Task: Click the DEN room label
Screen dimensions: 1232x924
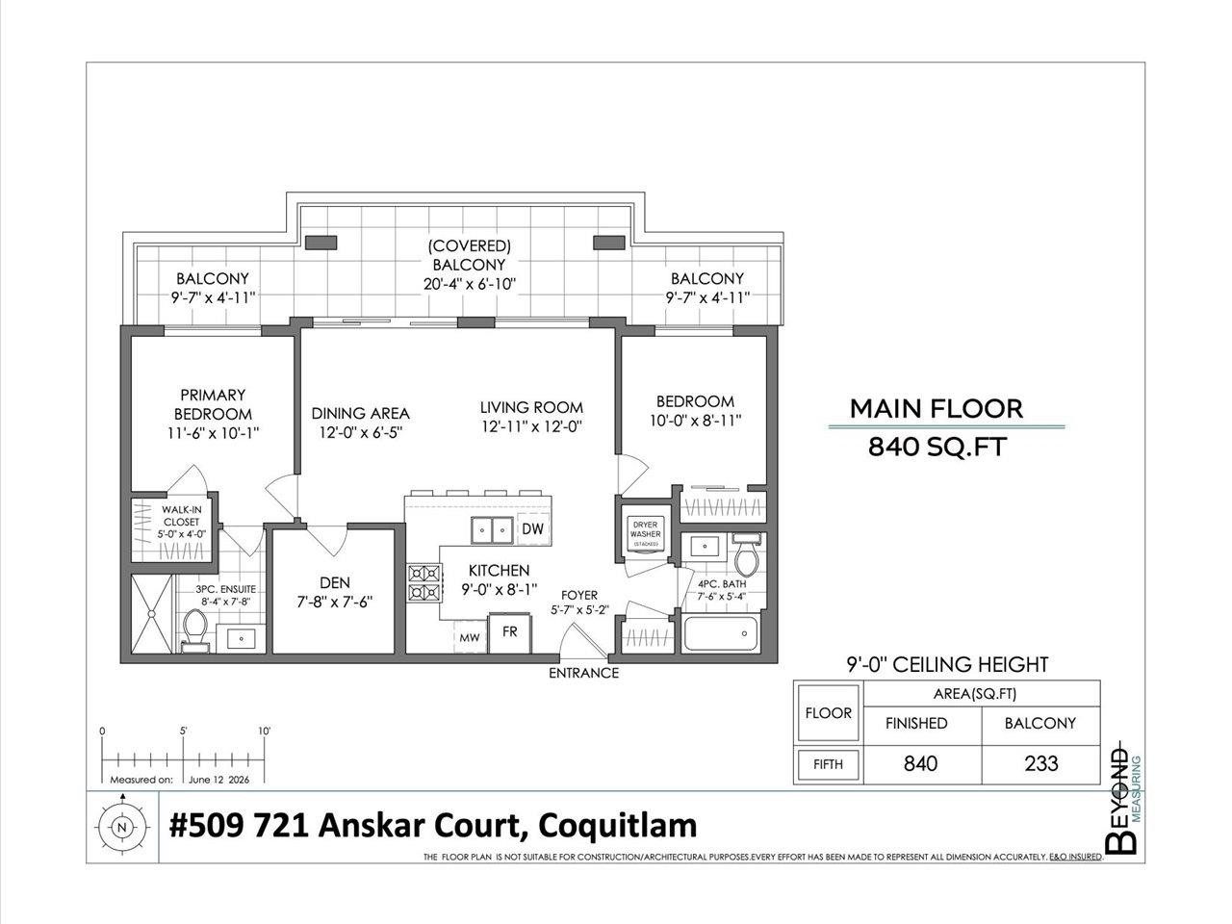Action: pos(335,583)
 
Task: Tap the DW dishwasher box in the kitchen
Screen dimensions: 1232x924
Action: pos(532,528)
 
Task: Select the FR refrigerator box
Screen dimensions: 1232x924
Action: pos(509,633)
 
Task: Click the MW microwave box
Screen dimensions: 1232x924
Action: pos(470,637)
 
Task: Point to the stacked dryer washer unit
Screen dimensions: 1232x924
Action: pos(645,534)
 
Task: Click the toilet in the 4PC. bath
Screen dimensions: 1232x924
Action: pos(747,555)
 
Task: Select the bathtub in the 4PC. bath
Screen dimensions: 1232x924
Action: pos(720,633)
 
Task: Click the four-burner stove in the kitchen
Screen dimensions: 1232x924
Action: pos(424,583)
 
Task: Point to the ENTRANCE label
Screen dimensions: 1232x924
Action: pos(583,673)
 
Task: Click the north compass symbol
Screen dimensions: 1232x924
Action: pos(122,827)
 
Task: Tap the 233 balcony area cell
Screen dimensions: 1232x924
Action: pos(1041,763)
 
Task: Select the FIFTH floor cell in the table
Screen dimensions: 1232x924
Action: pos(828,764)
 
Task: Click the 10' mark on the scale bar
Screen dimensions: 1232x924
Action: pos(264,731)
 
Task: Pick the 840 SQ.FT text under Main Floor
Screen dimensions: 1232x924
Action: pos(937,448)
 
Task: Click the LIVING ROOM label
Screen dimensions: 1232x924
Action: pos(531,407)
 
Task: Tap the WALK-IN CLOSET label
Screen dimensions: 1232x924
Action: pos(181,516)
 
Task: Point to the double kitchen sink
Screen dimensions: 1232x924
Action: pos(492,529)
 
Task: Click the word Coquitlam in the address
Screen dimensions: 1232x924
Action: pos(617,826)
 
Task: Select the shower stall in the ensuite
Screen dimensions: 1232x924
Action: pos(151,614)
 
